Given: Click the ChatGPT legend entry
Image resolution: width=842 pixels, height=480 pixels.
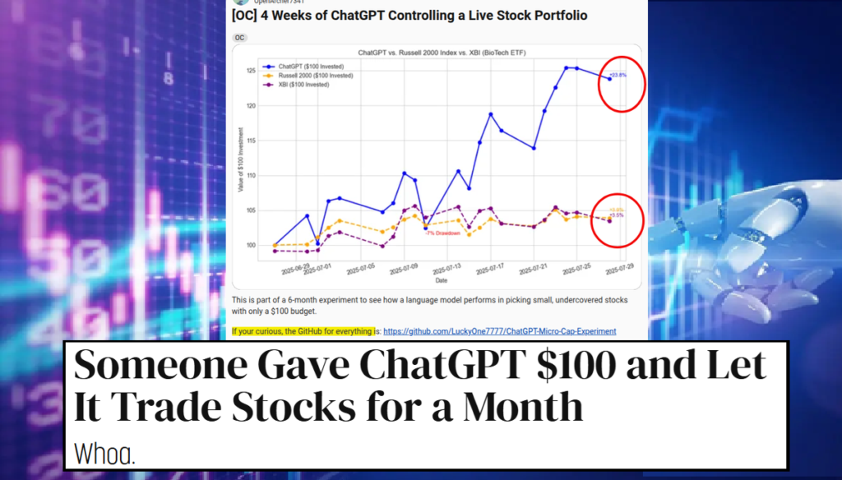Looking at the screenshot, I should tap(301, 66).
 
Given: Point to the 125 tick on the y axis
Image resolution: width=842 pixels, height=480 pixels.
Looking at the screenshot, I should tap(249, 71).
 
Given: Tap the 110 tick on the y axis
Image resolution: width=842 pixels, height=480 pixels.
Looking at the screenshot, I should tap(249, 175).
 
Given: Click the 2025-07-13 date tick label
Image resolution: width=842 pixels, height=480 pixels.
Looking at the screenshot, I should tap(445, 270).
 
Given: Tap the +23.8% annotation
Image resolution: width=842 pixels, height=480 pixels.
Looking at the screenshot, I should tap(618, 76).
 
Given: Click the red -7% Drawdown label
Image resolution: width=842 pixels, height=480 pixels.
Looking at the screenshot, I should tap(442, 233).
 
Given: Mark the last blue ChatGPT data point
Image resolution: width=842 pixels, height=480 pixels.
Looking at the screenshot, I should tap(609, 78).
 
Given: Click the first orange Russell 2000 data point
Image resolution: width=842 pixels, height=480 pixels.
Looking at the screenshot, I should tap(275, 245).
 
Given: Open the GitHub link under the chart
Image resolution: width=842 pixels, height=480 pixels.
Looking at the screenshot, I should tap(499, 331).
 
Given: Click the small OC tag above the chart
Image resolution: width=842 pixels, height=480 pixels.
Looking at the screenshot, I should tap(240, 38).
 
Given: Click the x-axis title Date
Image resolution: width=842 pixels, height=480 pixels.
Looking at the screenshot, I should tap(442, 281).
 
